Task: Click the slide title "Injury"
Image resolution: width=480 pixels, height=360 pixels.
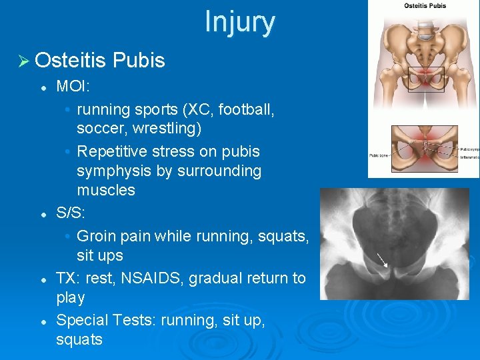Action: tap(239, 21)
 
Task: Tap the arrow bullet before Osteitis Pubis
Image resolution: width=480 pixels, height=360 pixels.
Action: tap(23, 61)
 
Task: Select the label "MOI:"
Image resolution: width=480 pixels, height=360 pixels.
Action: tap(73, 86)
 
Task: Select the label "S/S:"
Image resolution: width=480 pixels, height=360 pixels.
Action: tap(71, 215)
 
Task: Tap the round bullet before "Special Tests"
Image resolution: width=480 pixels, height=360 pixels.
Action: tap(42, 321)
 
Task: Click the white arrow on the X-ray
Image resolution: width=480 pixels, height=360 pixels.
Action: tap(381, 260)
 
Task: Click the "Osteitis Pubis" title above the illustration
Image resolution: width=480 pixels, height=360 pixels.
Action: tap(425, 6)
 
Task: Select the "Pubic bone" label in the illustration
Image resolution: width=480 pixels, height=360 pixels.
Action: tap(379, 156)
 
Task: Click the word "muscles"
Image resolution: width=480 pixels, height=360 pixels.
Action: tap(106, 191)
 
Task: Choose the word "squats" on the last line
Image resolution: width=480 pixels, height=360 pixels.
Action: tap(79, 339)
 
